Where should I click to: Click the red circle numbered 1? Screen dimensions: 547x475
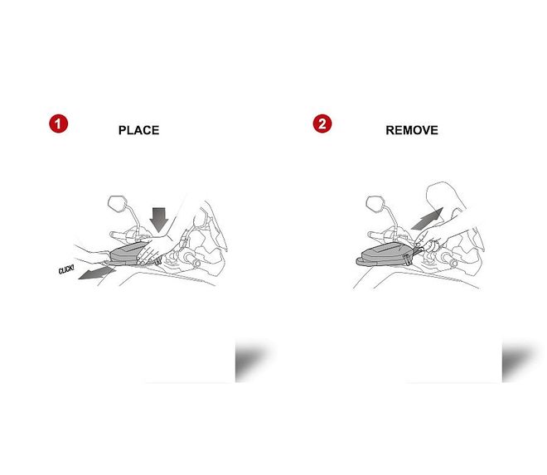pos(58,124)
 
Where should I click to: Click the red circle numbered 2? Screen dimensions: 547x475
pos(322,124)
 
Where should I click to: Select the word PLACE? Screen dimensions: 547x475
pos(139,130)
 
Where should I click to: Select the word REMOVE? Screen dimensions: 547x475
pos(412,130)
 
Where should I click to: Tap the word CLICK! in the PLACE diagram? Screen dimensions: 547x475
pos(66,269)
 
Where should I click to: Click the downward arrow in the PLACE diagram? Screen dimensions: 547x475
pos(159,220)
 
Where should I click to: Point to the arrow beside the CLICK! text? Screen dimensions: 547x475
pos(97,274)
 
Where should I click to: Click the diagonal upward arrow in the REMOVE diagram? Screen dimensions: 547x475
pos(428,219)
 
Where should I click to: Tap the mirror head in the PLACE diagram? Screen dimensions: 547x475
pos(118,203)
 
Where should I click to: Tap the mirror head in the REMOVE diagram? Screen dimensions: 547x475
pos(375,203)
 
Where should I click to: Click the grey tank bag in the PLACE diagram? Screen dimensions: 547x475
pos(128,254)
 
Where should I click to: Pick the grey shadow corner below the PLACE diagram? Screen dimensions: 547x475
pos(250,361)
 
